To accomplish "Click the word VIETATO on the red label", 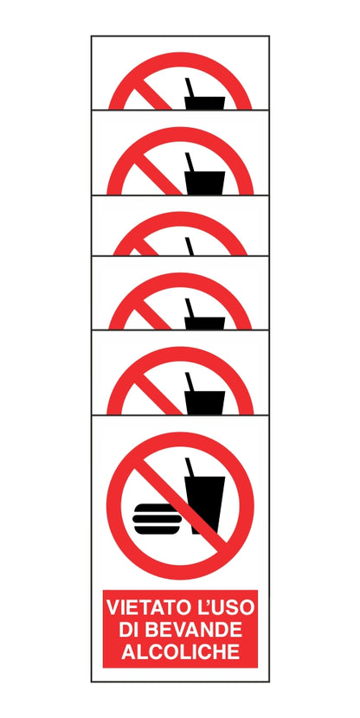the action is (146, 607).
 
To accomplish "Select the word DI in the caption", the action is (126, 630).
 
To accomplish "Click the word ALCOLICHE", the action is (180, 651).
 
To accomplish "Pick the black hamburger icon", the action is (157, 519).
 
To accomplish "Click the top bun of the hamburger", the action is (157, 509).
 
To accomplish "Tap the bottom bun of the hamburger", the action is (157, 529).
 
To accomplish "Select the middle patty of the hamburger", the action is (157, 519).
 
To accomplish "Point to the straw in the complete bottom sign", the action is (190, 467).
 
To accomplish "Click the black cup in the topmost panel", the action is (205, 103).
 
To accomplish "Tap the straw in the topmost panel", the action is (190, 87).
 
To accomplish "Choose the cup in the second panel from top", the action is (205, 183).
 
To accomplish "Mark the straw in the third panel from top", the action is (190, 247).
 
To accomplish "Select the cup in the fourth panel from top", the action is (205, 323).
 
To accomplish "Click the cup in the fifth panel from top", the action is (205, 402).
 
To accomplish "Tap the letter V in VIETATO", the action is (114, 607).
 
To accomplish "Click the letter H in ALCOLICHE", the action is (216, 651).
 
